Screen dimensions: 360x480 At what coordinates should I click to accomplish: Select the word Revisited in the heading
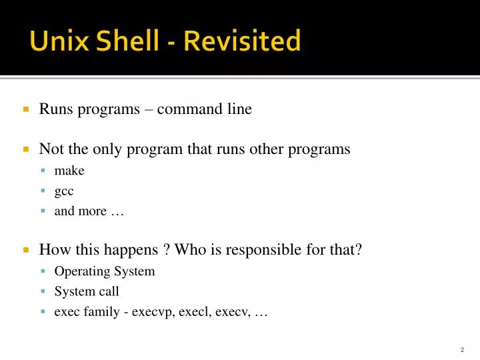click(x=242, y=41)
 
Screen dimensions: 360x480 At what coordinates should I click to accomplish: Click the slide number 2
click(x=462, y=350)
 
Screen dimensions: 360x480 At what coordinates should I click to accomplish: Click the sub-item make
click(x=69, y=171)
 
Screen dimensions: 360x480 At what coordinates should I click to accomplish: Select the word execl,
click(x=197, y=311)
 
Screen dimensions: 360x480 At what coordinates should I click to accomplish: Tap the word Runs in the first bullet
click(x=56, y=109)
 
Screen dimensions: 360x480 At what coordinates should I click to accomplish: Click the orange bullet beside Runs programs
click(x=26, y=109)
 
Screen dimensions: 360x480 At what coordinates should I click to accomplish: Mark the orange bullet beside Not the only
click(x=26, y=149)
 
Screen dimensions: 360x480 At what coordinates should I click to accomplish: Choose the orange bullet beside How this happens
click(x=26, y=251)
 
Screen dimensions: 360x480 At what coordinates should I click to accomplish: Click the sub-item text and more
click(x=89, y=211)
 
